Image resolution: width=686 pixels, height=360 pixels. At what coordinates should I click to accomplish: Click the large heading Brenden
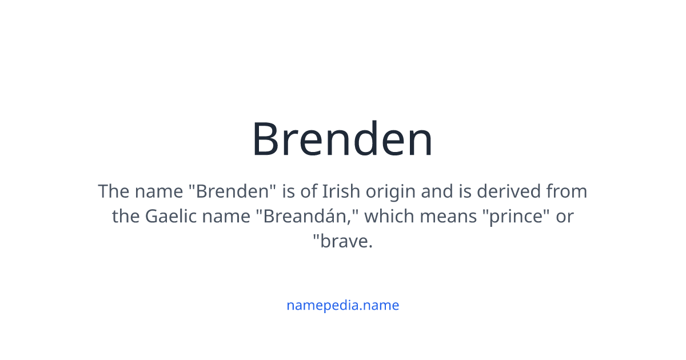[342, 139]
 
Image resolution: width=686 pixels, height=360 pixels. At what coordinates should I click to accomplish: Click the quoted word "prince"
[513, 217]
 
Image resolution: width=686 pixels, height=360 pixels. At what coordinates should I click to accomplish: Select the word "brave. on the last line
[342, 242]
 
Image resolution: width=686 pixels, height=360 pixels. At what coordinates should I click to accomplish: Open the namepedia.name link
[342, 305]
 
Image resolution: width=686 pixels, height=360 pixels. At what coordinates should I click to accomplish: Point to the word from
[567, 191]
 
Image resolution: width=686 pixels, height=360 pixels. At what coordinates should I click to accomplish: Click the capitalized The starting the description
[114, 191]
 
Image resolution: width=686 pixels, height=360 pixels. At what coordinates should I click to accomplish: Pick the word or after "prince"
[565, 217]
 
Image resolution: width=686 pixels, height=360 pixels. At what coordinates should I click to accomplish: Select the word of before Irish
[309, 191]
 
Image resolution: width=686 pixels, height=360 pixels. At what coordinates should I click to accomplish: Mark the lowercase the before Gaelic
[126, 217]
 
